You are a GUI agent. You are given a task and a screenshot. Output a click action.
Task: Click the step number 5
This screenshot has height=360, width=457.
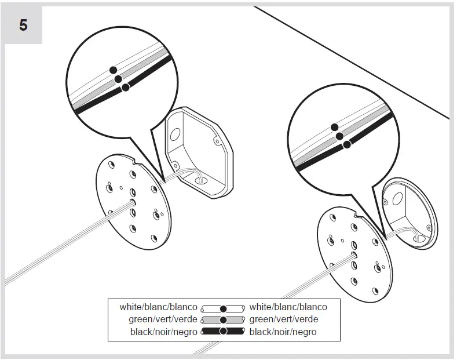click(23, 26)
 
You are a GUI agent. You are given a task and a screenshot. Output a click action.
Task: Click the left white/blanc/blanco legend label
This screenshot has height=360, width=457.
click(158, 307)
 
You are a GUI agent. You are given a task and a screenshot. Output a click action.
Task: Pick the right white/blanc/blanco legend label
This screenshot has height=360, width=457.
click(288, 307)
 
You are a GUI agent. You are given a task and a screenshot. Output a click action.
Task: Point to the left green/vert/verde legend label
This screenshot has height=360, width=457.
click(163, 319)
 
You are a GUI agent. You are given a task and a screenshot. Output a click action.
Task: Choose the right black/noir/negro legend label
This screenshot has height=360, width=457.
click(283, 332)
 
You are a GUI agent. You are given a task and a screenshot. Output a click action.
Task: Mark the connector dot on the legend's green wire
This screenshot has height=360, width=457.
click(223, 320)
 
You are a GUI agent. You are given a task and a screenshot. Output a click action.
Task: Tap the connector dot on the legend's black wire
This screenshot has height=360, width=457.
click(223, 332)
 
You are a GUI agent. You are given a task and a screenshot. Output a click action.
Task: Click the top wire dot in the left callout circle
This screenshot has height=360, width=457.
click(114, 70)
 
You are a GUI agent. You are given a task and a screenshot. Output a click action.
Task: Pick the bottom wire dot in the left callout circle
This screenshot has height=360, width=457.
click(125, 88)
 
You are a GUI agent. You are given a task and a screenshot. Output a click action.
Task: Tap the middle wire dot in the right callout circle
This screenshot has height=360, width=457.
click(340, 136)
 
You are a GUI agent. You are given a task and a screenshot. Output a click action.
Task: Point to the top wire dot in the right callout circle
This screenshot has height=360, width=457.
click(334, 127)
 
